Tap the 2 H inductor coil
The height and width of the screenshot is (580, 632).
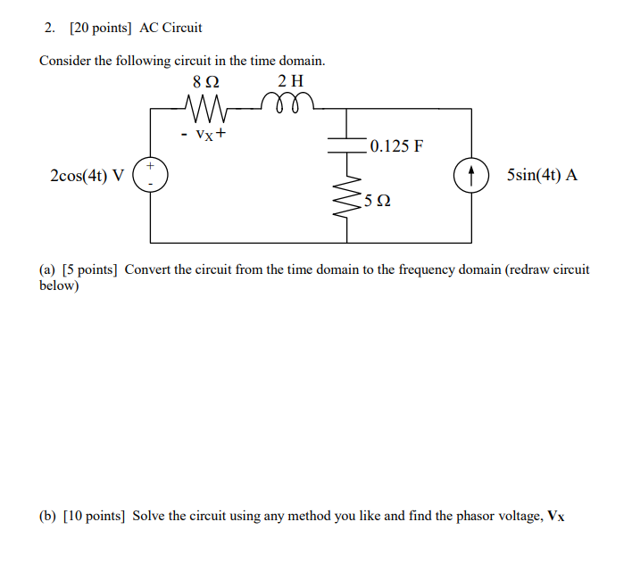290,106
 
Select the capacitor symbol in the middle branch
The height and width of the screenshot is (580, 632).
346,144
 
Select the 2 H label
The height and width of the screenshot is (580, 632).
290,85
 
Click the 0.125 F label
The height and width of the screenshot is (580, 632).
395,145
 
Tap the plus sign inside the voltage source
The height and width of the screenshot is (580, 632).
151,166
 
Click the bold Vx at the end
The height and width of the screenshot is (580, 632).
556,516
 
